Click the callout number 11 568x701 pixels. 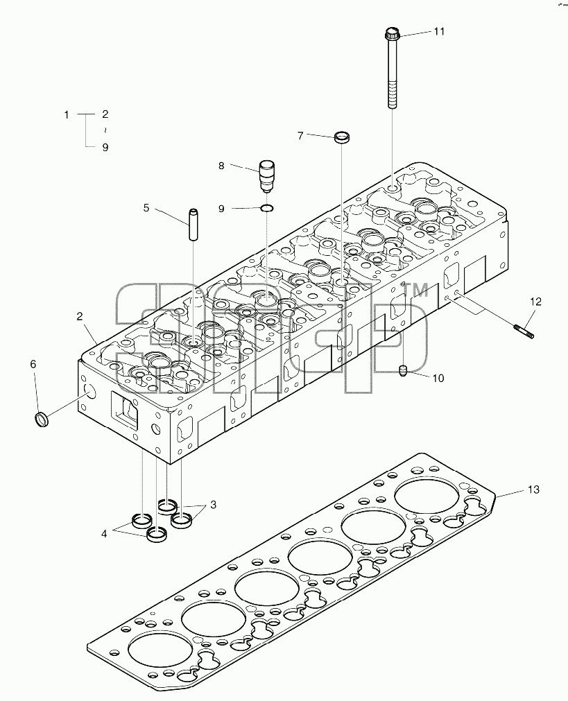tap(439, 31)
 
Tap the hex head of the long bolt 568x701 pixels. tap(392, 33)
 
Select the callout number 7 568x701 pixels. tap(300, 135)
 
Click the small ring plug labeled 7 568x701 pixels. tap(342, 137)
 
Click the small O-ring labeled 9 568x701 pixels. tap(267, 207)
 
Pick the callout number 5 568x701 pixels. tap(146, 208)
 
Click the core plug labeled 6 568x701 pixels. tap(42, 419)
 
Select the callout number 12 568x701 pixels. tap(535, 302)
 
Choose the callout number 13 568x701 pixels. tap(533, 490)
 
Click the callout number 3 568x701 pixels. tap(214, 505)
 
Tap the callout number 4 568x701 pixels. tap(104, 533)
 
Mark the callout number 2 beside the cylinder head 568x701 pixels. tap(80, 316)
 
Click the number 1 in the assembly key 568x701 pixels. tap(67, 115)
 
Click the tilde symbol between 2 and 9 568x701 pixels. tap(105, 130)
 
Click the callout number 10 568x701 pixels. tap(438, 378)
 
